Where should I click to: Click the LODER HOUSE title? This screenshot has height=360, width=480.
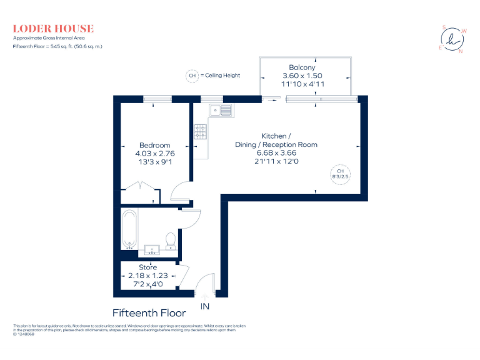point(53,29)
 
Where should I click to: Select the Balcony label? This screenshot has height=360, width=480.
point(302,67)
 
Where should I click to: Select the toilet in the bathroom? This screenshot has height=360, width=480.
point(170,240)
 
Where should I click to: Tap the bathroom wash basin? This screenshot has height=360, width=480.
point(152,250)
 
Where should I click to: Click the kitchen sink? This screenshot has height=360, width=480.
point(221,111)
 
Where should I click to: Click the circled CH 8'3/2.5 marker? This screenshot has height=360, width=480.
point(340,174)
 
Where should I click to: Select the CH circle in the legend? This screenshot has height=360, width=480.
point(192,76)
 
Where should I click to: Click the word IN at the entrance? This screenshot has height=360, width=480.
point(204,306)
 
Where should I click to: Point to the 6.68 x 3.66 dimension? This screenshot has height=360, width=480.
point(276,153)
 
